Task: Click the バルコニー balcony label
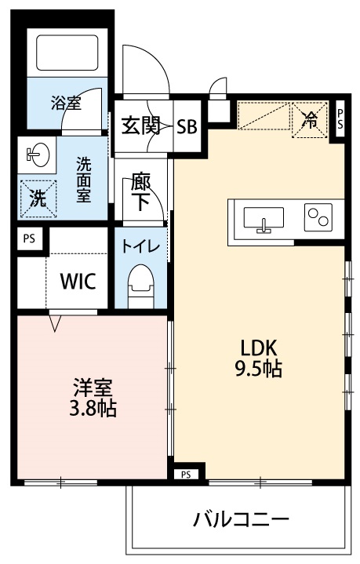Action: (241, 519)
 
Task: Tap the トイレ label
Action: (141, 245)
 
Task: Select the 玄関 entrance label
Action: (141, 126)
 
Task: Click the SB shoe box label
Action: (187, 126)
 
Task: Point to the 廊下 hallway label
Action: (141, 191)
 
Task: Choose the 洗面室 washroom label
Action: (83, 180)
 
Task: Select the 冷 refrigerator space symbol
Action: (309, 120)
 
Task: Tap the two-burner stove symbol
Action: (318, 217)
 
